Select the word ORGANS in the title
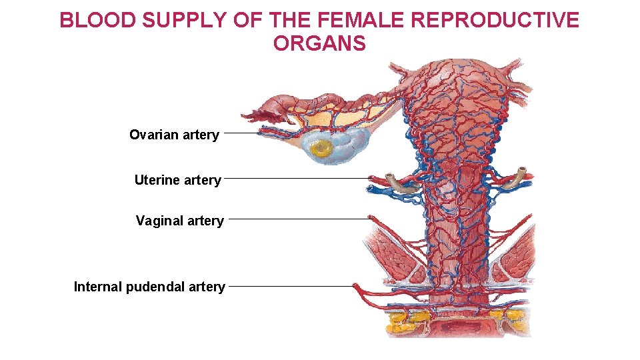click(x=319, y=44)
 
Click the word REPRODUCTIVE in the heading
click(x=495, y=21)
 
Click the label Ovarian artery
click(x=174, y=135)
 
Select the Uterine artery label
click(x=177, y=180)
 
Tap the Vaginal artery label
click(x=180, y=221)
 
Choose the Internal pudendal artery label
click(x=149, y=287)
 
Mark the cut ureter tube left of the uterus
click(x=398, y=181)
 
